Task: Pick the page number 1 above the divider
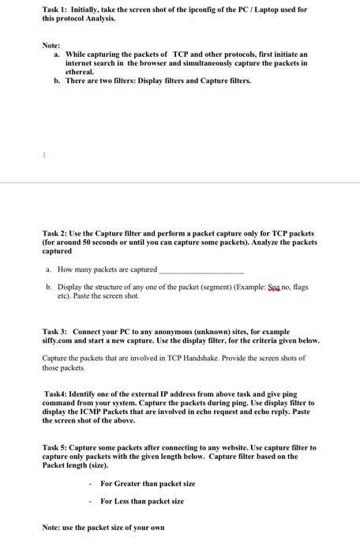coord(45,156)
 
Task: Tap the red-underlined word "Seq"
coord(276,287)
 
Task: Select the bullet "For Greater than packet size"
coord(147,483)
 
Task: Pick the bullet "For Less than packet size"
coord(141,501)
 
